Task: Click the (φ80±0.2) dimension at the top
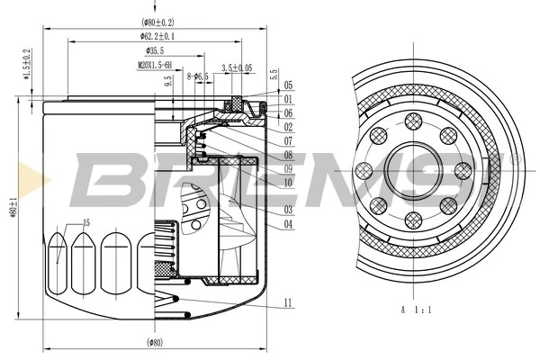(x=157, y=21)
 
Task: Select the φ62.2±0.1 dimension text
(x=157, y=36)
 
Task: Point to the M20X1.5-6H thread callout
(x=156, y=66)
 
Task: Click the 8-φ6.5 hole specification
(x=197, y=76)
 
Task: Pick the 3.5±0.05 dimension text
(x=237, y=67)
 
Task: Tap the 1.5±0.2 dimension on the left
(x=27, y=65)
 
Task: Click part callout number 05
(x=288, y=85)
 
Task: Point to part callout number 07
(x=288, y=141)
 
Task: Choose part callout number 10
(x=288, y=183)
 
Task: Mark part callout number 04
(x=288, y=224)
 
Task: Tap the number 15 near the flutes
(x=86, y=222)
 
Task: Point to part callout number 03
(x=288, y=210)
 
